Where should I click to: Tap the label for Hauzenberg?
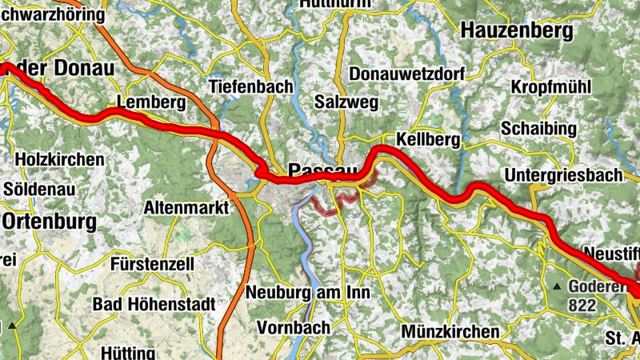pos(517,31)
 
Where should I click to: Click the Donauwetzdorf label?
pos(407,74)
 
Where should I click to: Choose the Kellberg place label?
pos(428,140)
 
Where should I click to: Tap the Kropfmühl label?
pos(549,86)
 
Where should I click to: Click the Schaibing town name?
pos(538,129)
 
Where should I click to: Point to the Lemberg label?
pos(150,102)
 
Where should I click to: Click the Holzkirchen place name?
pos(59,159)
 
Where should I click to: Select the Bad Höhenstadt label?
pos(154,304)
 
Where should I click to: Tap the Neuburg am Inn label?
pos(309,292)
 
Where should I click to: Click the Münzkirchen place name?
pos(451,331)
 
